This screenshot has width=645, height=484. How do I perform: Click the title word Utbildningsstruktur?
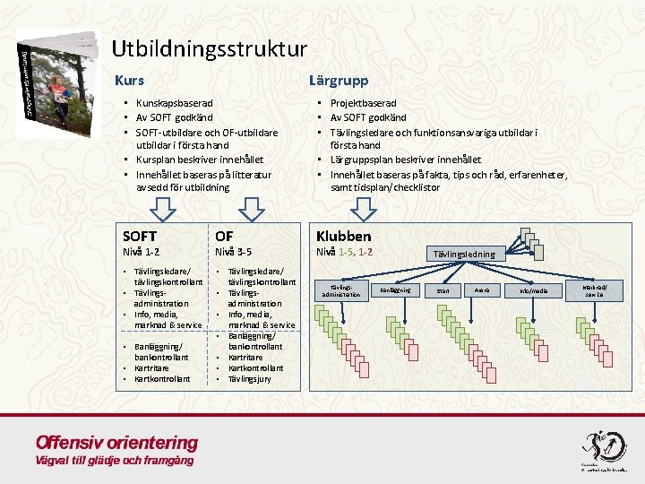[210, 48]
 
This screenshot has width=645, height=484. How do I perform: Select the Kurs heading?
[129, 81]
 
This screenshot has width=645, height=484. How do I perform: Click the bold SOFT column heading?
[140, 236]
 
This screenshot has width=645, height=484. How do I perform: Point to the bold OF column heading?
[224, 236]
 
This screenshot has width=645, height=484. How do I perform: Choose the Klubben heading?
[343, 236]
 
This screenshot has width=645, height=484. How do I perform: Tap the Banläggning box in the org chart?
[395, 290]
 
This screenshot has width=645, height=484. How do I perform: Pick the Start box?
[442, 290]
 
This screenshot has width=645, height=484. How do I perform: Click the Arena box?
[482, 290]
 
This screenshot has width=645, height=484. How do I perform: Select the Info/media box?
[533, 290]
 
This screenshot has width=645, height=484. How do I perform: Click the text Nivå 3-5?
[234, 252]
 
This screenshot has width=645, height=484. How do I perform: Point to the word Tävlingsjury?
[255, 378]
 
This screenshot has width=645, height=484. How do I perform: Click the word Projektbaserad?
[363, 104]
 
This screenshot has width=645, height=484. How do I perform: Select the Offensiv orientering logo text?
[116, 443]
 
